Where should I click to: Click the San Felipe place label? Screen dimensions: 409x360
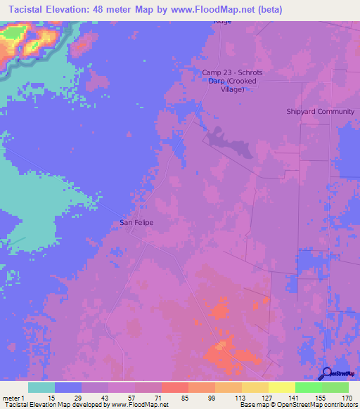(x=136, y=223)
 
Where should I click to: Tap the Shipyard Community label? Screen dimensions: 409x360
(x=320, y=111)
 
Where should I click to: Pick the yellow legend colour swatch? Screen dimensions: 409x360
(x=281, y=387)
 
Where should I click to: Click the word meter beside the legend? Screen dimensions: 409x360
(x=11, y=398)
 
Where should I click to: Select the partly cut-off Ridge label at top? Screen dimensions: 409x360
(x=222, y=22)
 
